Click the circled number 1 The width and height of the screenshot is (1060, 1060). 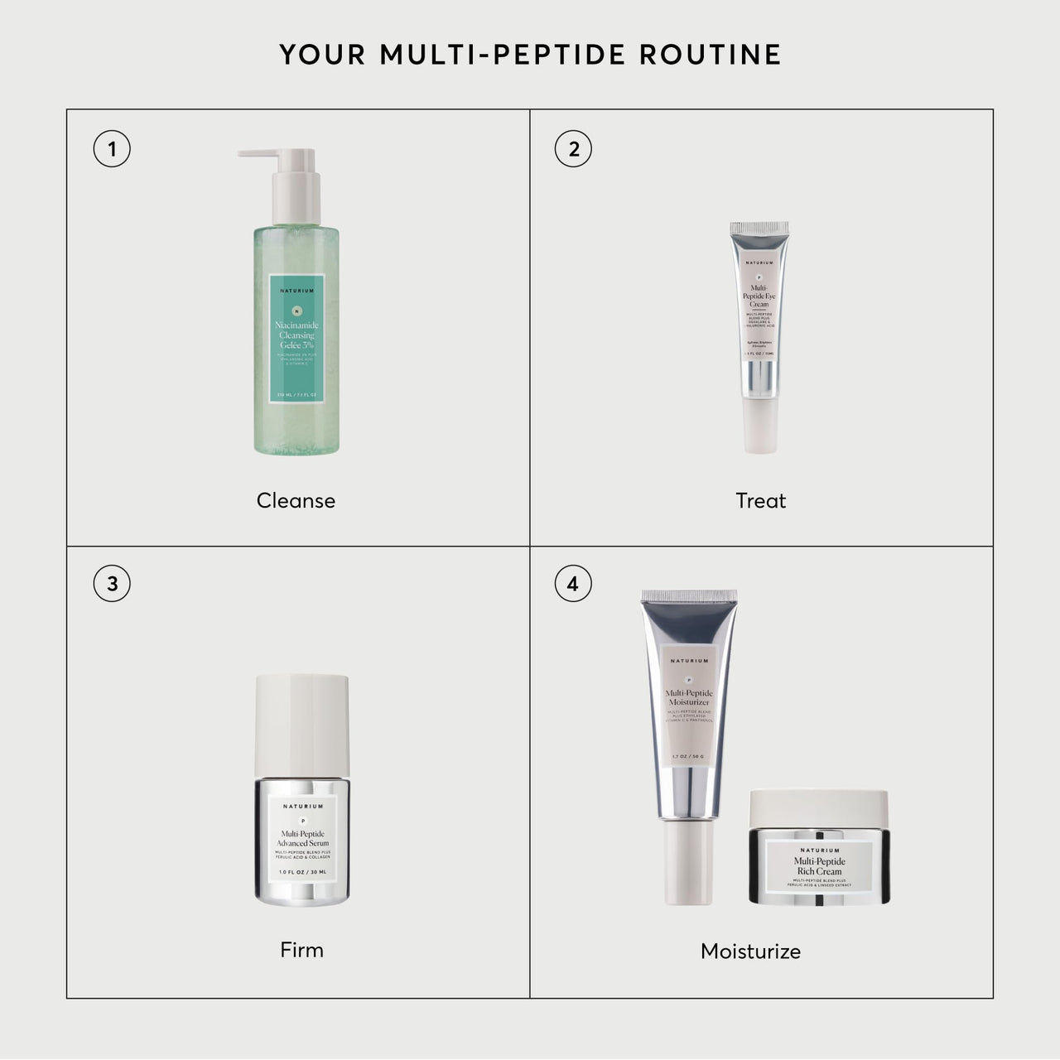pos(112,150)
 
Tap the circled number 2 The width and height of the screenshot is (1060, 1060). pos(573,150)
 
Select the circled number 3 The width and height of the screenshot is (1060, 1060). pos(112,584)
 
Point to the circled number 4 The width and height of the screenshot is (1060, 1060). pos(573,584)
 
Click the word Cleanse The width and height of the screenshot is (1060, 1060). pos(296,501)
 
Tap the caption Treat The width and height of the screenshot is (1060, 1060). pos(760,501)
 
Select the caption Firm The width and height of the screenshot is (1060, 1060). pos(301,950)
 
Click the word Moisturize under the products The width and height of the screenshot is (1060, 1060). pos(750,952)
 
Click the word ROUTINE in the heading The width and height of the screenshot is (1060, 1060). pos(711,55)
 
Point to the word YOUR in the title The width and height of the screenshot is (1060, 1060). pos(324,55)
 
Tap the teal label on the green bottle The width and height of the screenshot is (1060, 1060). pos(296,340)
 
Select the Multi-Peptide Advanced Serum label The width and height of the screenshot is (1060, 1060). pos(301,838)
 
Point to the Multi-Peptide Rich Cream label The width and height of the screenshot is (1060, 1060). pos(819,867)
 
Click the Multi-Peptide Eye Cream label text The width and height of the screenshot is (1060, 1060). pos(759,295)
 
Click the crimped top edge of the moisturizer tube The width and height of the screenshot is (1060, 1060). pos(689,595)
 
